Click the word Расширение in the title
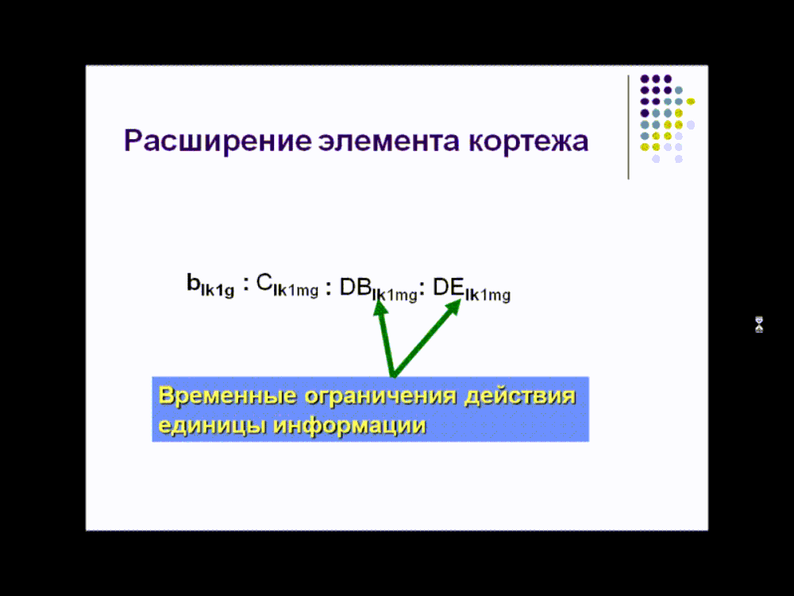(x=218, y=141)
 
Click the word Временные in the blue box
(x=227, y=396)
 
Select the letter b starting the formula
(x=194, y=282)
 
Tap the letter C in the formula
(x=264, y=282)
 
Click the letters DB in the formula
(x=356, y=288)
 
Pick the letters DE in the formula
(x=449, y=288)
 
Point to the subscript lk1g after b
(x=218, y=291)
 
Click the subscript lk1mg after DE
(x=488, y=295)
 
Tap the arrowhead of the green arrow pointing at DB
(x=380, y=308)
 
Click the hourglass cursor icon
(x=759, y=324)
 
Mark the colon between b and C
(x=246, y=284)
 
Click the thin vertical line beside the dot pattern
(x=628, y=126)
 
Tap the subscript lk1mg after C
(x=295, y=291)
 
